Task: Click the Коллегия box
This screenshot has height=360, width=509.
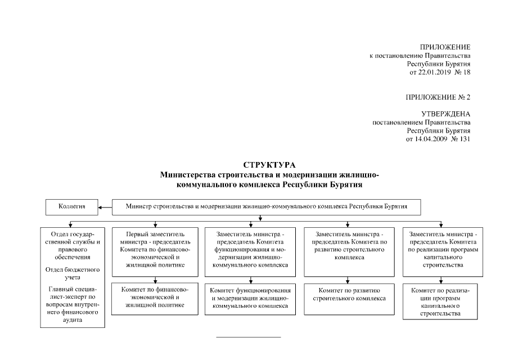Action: click(x=71, y=206)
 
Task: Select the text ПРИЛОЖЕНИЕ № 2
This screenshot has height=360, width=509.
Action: click(x=438, y=97)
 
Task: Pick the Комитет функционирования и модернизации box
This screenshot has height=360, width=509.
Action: click(x=249, y=298)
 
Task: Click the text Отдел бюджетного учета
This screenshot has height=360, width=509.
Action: click(x=72, y=273)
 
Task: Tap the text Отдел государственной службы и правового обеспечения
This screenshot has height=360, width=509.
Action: click(x=72, y=245)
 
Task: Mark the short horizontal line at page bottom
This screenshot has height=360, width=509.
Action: click(x=249, y=337)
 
